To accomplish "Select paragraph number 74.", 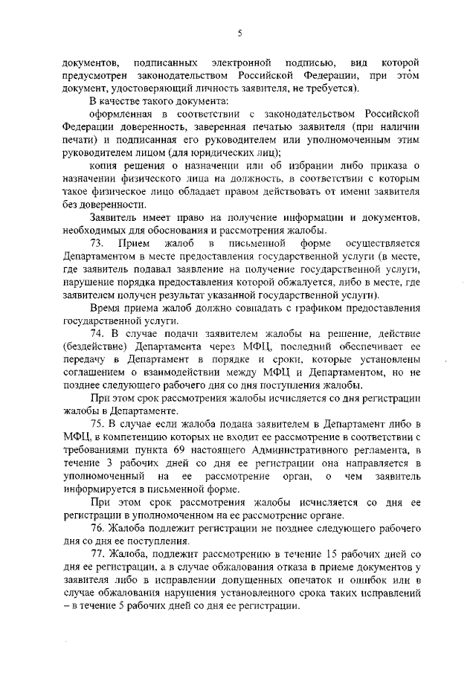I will (x=98, y=332).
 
